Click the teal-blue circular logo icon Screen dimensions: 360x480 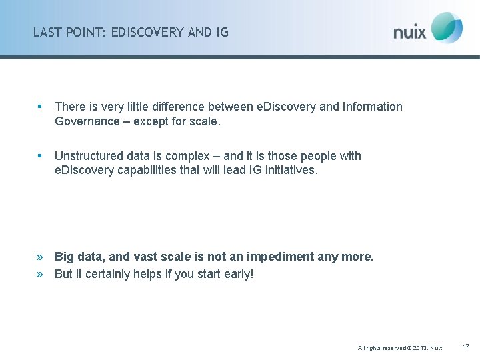click(x=447, y=27)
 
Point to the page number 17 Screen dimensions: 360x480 click(x=466, y=347)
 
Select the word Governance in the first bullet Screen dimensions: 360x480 click(x=86, y=122)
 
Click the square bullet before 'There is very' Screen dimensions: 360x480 click(x=40, y=107)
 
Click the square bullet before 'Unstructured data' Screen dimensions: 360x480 click(x=40, y=156)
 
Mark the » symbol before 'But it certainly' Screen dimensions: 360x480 click(x=40, y=274)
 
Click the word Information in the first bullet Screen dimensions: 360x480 click(x=373, y=107)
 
